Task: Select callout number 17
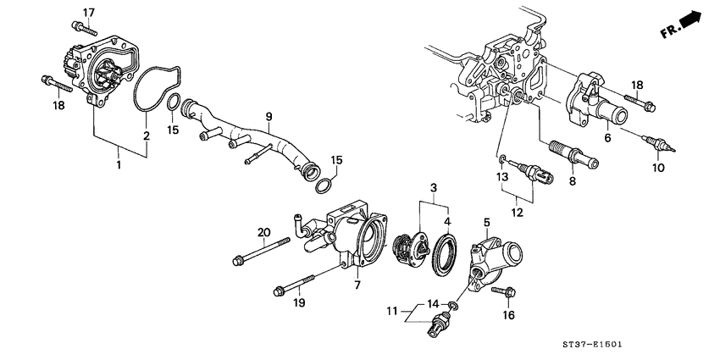click(x=89, y=11)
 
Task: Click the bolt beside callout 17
click(x=89, y=31)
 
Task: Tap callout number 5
click(x=486, y=223)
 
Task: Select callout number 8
click(x=572, y=180)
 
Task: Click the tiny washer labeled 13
click(x=501, y=158)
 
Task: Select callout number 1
click(x=118, y=165)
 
